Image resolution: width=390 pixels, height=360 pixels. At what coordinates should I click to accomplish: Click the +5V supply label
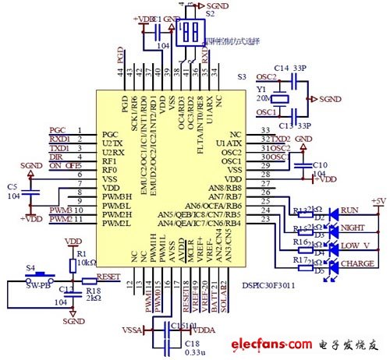point(378,200)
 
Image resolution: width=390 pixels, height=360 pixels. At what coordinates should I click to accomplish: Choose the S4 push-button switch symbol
point(31,276)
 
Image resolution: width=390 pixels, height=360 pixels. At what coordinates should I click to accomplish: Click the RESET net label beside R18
point(108,275)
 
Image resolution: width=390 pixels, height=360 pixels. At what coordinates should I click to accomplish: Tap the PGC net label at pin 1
point(58,131)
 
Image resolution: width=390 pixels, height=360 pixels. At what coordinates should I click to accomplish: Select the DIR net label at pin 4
point(57,156)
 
